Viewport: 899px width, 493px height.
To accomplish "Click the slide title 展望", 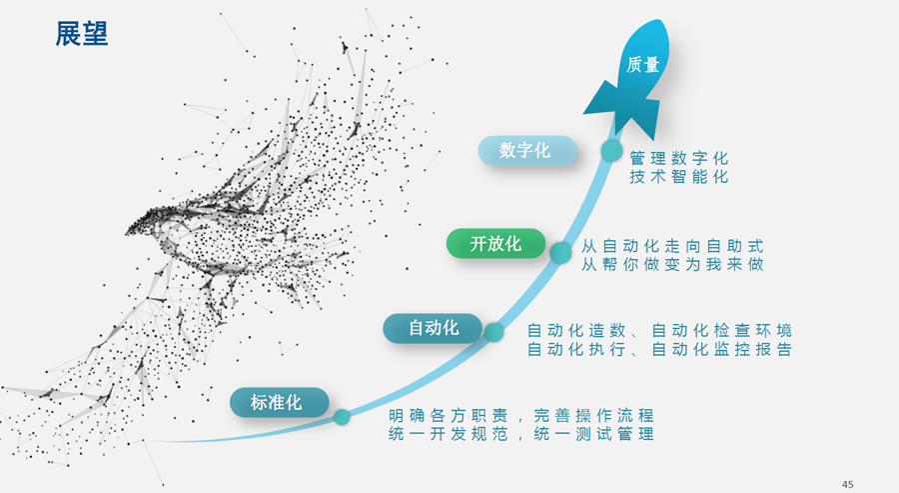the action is coord(82,34).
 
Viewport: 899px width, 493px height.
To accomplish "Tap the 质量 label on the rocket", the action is coord(642,64).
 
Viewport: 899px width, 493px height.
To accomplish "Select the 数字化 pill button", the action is coord(527,150).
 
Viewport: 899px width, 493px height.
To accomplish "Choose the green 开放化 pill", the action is coord(495,243).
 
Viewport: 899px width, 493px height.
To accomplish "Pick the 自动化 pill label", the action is coord(433,328).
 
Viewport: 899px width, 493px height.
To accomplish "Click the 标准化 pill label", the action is coord(280,402).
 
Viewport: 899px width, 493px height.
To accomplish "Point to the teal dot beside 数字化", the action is coord(611,150).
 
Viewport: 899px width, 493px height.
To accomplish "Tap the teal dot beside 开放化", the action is coord(560,253).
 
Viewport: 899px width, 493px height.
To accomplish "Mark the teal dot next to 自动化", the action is coord(493,332).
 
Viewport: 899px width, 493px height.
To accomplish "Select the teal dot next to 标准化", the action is coord(342,417).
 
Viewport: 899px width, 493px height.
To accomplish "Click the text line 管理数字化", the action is coord(679,158).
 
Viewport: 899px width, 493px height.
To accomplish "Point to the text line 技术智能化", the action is coord(679,177).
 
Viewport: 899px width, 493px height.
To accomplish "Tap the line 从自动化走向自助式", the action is coord(672,246).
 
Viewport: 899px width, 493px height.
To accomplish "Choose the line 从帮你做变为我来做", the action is coord(672,265).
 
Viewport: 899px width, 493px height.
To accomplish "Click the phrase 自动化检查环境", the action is coord(722,331).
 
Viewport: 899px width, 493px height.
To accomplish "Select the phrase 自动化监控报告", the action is coord(722,349).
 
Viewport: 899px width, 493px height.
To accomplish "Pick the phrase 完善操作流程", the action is coord(593,415).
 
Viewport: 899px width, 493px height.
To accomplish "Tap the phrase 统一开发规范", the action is coord(449,434).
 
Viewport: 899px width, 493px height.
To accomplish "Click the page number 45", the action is coord(847,484).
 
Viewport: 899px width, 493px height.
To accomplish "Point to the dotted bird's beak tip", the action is coord(126,233).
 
